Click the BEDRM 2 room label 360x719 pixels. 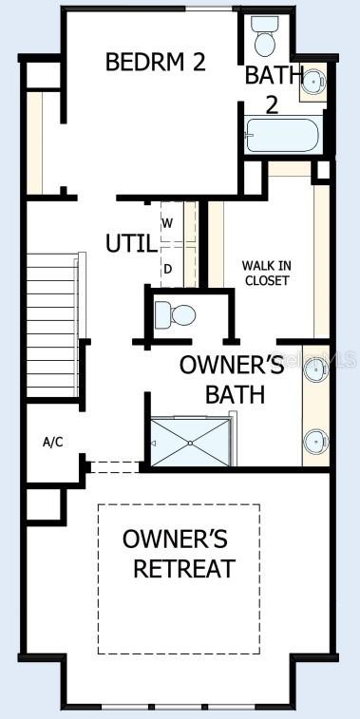pos(156,63)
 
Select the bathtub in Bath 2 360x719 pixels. pos(282,135)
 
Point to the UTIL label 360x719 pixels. pos(131,243)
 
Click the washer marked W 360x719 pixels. pos(167,223)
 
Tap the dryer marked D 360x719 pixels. pos(167,268)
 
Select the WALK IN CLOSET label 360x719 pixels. pos(265,273)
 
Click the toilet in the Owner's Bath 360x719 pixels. pos(177,312)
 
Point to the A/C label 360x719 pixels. pos(53,442)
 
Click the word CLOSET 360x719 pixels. pos(265,280)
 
